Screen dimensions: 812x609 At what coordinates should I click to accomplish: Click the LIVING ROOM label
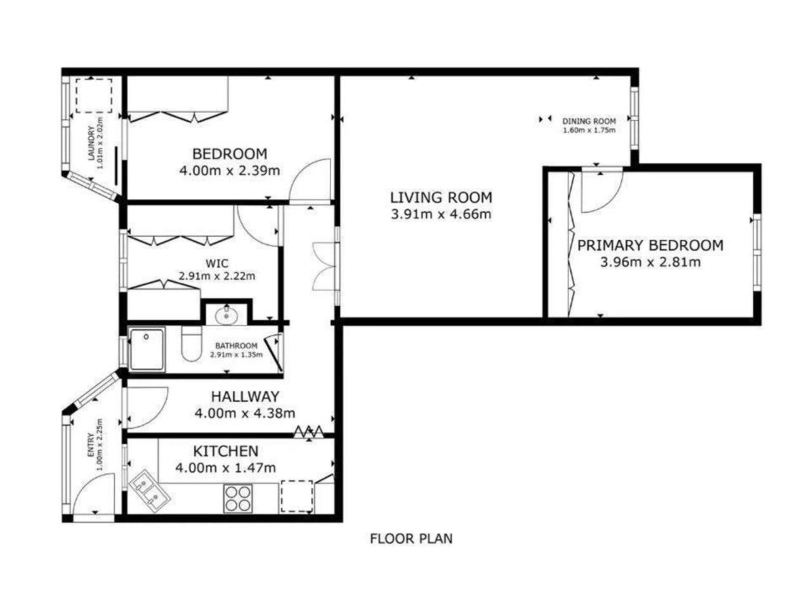(x=441, y=197)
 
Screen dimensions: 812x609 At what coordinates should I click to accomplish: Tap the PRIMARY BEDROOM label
(x=650, y=245)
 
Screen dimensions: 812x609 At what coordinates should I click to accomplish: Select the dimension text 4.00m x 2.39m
(x=230, y=171)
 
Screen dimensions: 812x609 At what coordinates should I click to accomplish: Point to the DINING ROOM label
(x=589, y=121)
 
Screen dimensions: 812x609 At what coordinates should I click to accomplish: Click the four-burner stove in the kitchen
(x=238, y=499)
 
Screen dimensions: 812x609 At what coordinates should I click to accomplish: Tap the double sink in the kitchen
(x=149, y=490)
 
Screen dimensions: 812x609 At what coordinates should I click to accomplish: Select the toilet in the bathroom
(x=191, y=343)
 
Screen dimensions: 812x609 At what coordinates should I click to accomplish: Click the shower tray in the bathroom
(x=147, y=349)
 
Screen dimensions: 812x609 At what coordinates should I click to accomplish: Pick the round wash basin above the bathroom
(x=226, y=315)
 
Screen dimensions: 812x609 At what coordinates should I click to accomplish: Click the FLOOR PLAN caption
(x=411, y=539)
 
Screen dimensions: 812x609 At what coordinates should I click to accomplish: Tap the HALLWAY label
(x=245, y=396)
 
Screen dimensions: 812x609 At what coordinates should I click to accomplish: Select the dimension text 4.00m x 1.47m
(x=225, y=468)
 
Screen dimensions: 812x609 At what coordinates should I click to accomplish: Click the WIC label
(x=217, y=264)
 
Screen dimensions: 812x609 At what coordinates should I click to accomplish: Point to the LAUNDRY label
(x=91, y=143)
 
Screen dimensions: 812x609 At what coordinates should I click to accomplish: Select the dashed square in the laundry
(x=94, y=95)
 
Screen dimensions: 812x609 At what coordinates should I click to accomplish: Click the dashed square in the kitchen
(x=297, y=496)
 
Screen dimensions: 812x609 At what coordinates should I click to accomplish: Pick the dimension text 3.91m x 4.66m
(x=441, y=214)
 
